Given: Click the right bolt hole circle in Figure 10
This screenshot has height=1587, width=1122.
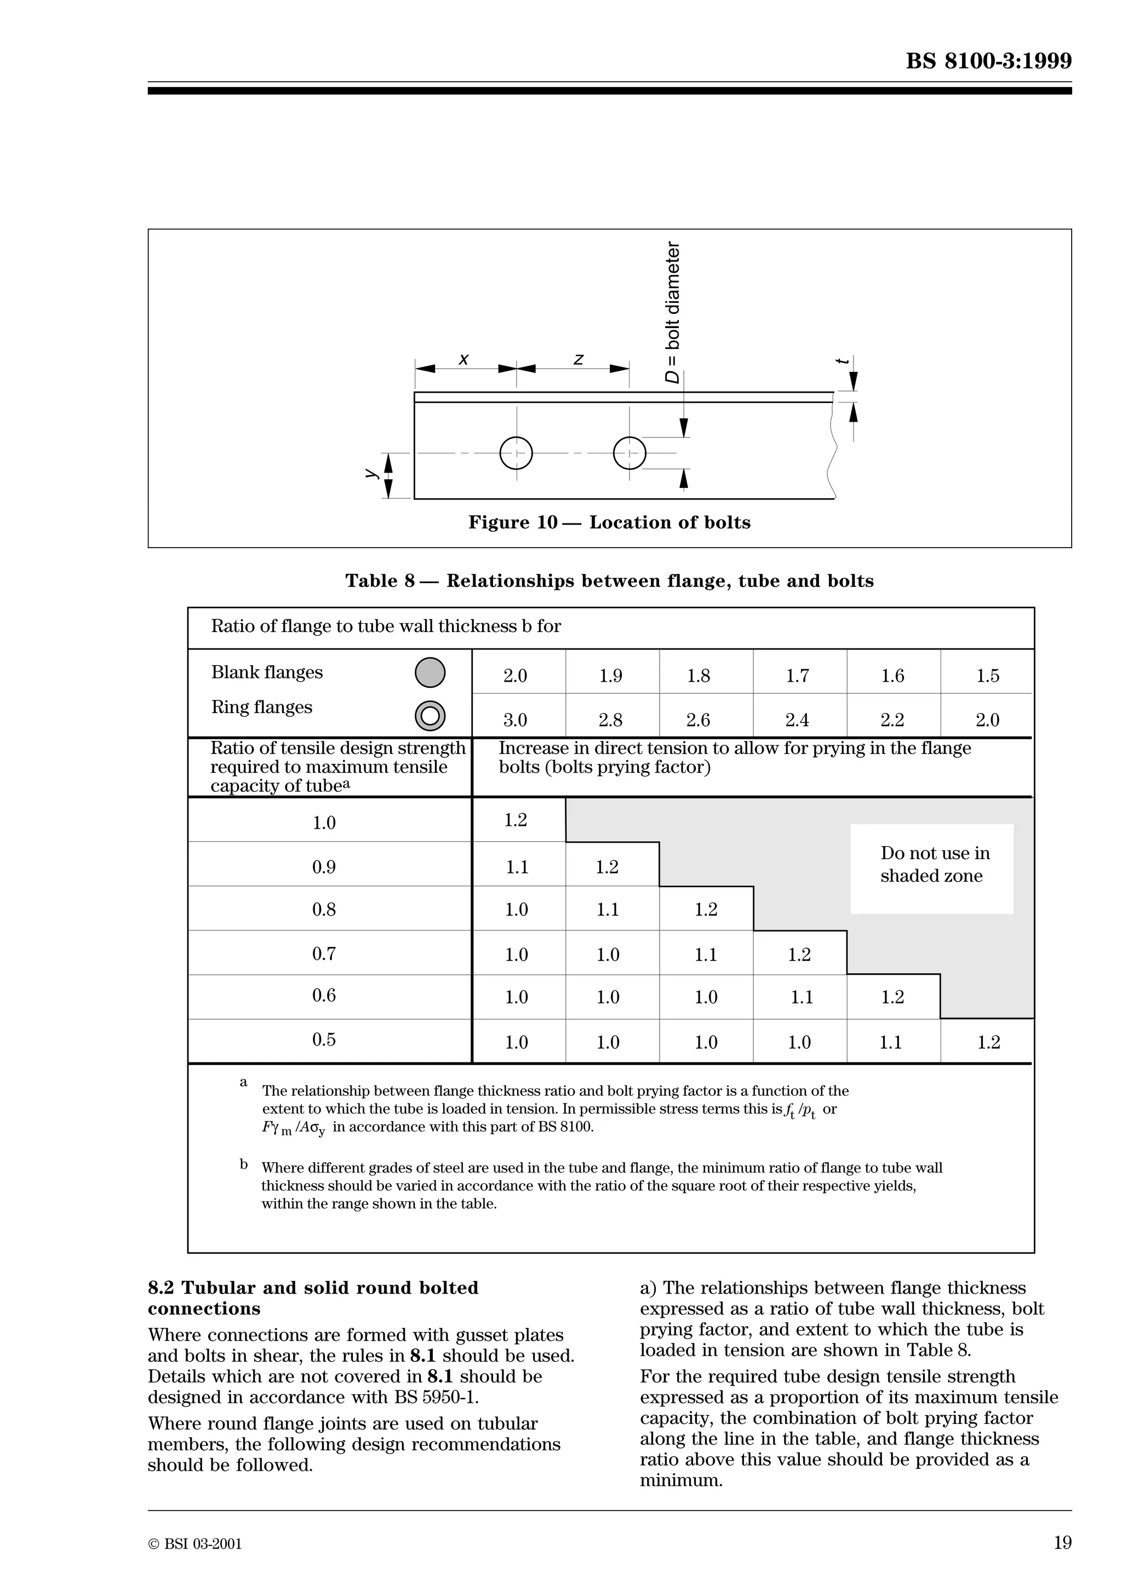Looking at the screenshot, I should click(629, 453).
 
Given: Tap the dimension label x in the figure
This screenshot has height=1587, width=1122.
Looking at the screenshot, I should click(464, 359).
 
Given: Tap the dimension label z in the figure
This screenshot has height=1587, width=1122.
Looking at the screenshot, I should click(579, 359).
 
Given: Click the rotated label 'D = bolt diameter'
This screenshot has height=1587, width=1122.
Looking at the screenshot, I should click(672, 313).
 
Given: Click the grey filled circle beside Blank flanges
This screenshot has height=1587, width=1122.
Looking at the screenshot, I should click(430, 672).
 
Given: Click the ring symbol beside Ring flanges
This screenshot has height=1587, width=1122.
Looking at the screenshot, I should click(430, 716).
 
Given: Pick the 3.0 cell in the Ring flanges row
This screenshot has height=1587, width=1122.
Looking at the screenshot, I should click(515, 720).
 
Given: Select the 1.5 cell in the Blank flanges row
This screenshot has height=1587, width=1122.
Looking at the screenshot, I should click(987, 676).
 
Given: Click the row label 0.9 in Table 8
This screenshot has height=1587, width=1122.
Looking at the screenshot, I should click(324, 867).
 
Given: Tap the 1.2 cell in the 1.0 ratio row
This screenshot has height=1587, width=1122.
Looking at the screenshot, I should click(516, 820).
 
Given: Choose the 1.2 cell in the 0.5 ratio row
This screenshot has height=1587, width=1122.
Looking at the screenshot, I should click(988, 1042).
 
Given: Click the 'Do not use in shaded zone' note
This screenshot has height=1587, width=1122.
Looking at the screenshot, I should click(934, 865).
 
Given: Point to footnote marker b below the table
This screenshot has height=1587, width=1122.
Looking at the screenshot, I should click(243, 1165).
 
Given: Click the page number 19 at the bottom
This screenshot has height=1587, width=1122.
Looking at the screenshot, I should click(1062, 1542).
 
